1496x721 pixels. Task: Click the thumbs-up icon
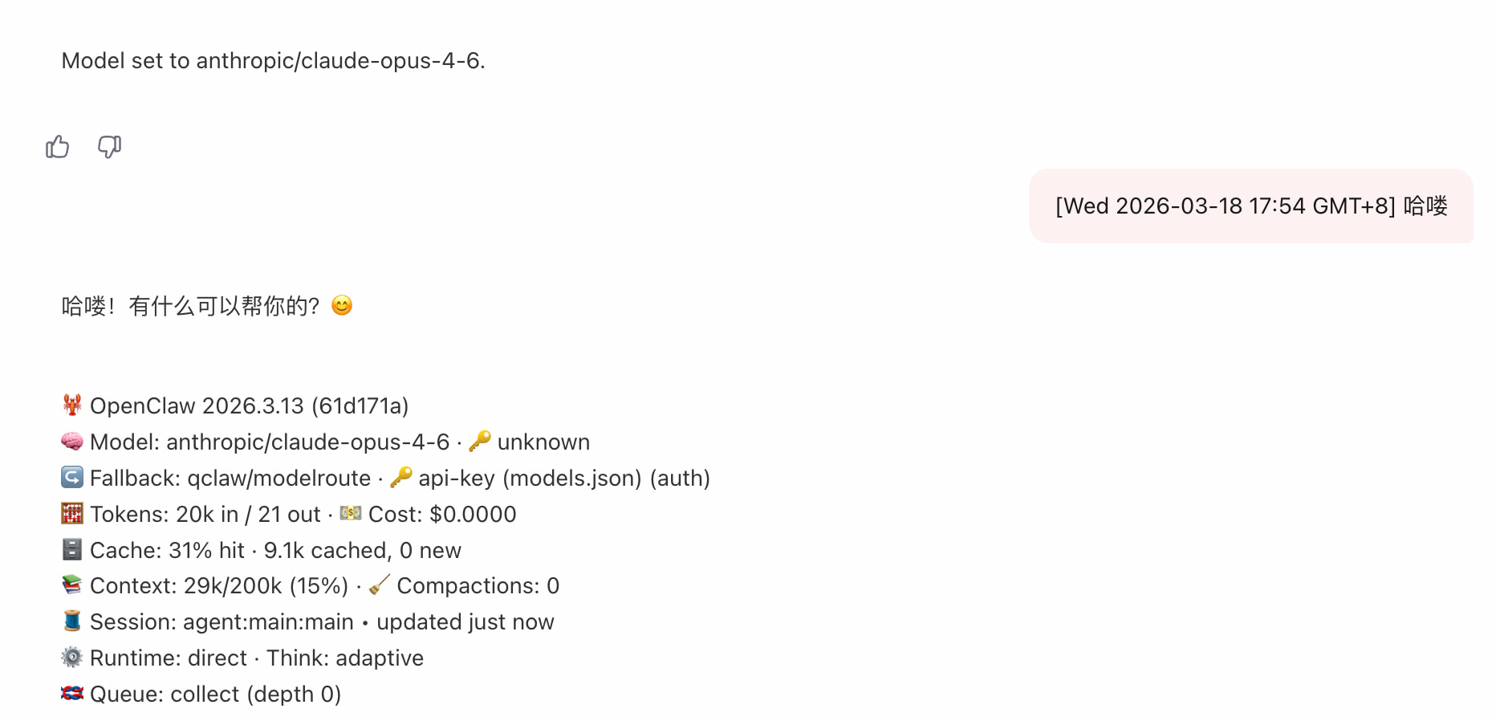click(58, 147)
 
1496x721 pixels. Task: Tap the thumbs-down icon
click(109, 147)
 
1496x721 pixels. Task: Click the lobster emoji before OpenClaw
click(72, 405)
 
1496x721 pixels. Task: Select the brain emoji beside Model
click(72, 441)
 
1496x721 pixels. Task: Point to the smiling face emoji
click(342, 305)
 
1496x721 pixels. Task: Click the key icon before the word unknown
click(480, 441)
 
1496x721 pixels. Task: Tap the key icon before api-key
click(401, 477)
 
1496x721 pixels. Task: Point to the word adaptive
click(380, 658)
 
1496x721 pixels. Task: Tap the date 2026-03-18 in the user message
click(1179, 206)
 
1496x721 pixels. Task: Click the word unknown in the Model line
click(543, 442)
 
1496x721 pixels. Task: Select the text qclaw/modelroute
click(279, 478)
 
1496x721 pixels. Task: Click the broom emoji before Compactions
click(380, 585)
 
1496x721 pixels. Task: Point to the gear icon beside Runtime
click(72, 657)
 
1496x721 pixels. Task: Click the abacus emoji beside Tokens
click(72, 513)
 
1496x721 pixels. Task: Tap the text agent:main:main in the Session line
click(268, 622)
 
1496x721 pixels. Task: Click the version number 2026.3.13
click(253, 405)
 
